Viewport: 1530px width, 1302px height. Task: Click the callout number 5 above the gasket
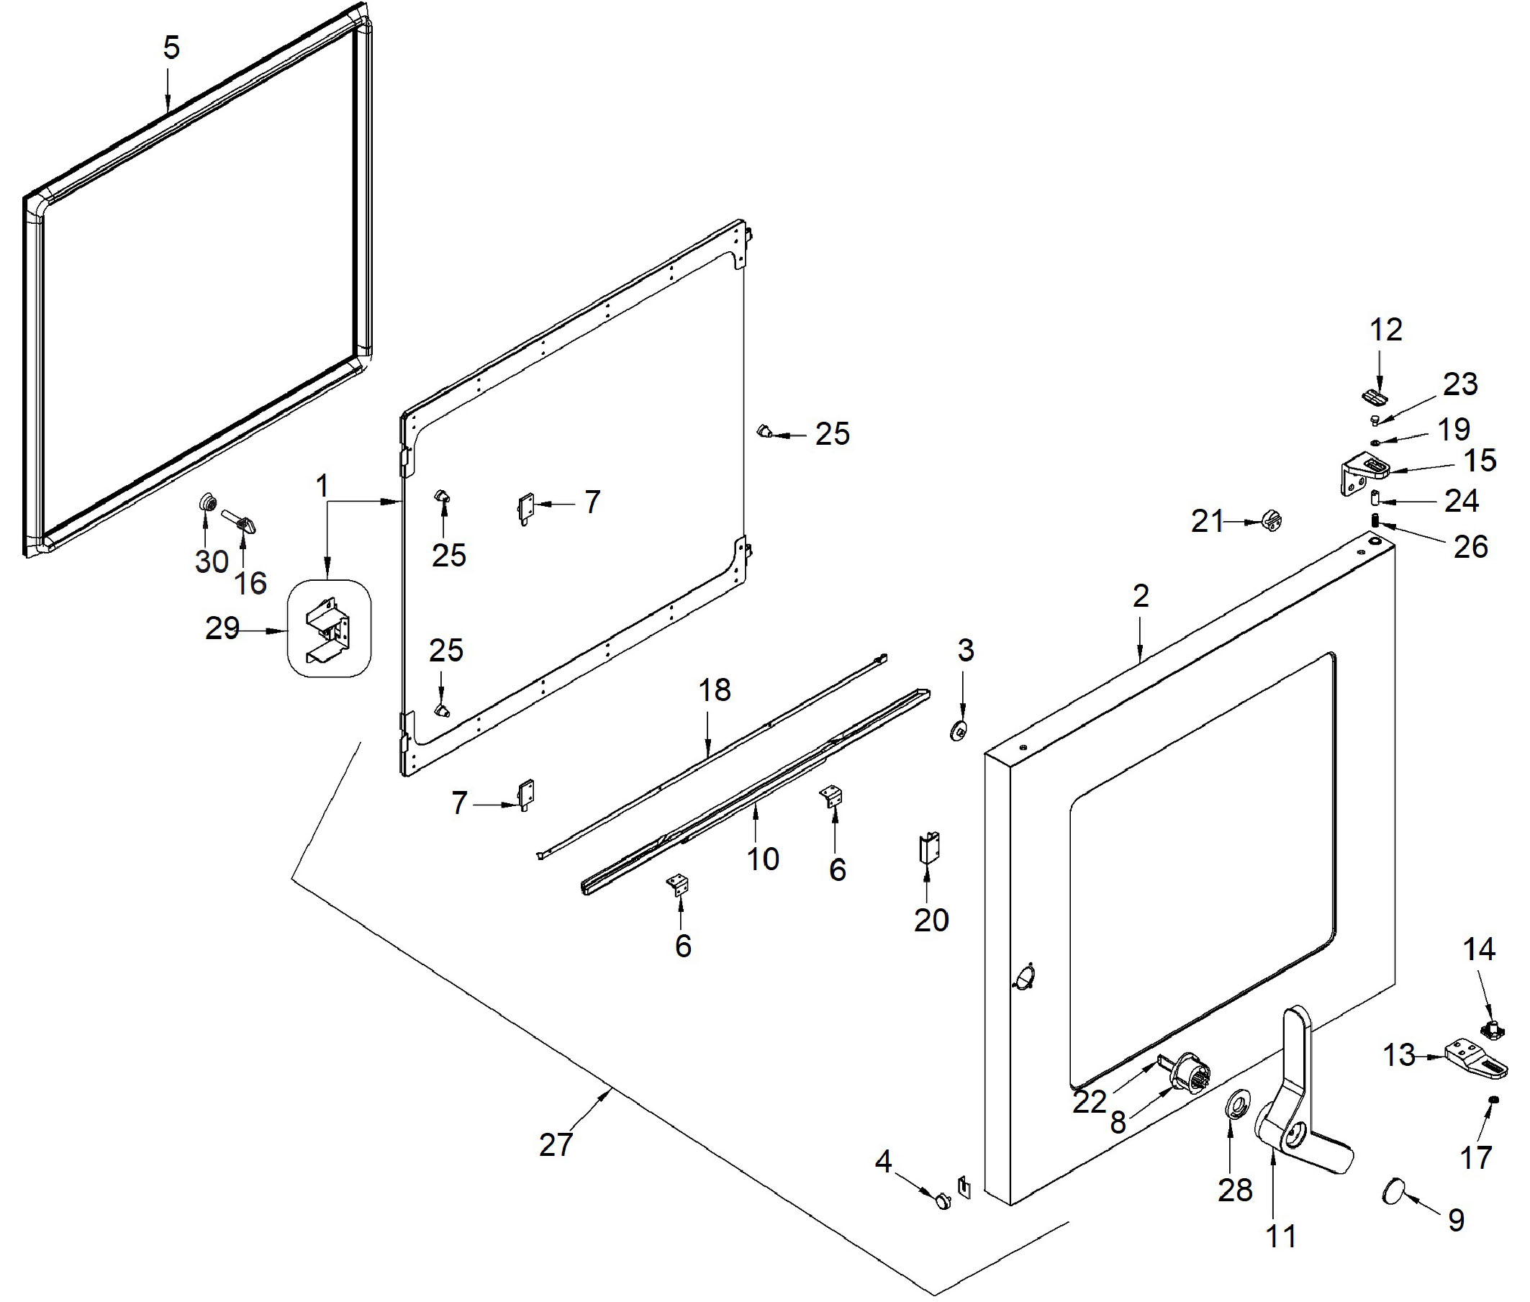point(171,48)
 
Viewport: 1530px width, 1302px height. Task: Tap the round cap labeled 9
point(1392,1191)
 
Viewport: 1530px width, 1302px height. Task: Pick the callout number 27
point(556,1145)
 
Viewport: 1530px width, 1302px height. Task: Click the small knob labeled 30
point(207,504)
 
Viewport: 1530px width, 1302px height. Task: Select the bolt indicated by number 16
point(242,521)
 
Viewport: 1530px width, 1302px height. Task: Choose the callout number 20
point(931,920)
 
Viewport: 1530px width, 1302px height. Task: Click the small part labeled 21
point(1272,520)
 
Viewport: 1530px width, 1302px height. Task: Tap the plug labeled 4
point(943,1202)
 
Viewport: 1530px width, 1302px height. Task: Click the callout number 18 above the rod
point(715,690)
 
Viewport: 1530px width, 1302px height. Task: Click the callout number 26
point(1470,547)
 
